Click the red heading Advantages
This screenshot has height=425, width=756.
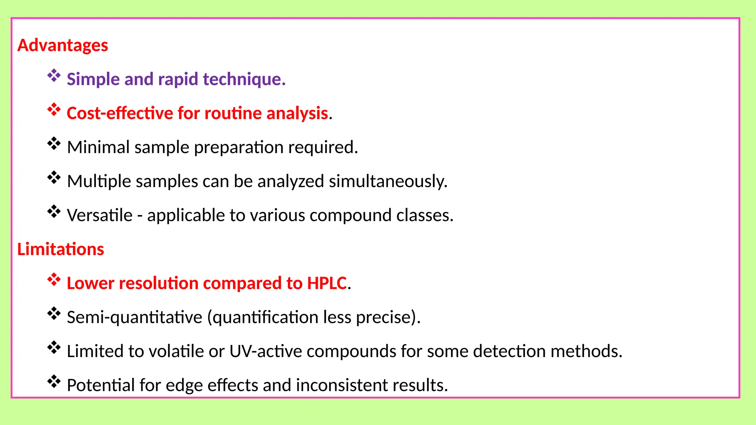[x=62, y=45]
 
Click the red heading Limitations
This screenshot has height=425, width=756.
[x=61, y=249]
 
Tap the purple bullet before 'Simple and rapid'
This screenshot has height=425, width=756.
[x=54, y=76]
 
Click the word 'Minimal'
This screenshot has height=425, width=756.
[x=98, y=147]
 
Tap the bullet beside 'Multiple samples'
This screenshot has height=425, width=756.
[x=54, y=177]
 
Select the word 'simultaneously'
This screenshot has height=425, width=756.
[x=388, y=182]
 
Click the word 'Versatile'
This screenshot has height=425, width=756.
[x=100, y=215]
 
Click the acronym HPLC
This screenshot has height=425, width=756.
[x=327, y=283]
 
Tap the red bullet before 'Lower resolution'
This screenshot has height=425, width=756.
[x=54, y=280]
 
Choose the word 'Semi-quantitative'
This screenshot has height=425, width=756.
[x=134, y=317]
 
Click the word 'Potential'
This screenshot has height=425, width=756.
[x=101, y=385]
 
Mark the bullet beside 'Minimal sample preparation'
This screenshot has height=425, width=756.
[x=54, y=144]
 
